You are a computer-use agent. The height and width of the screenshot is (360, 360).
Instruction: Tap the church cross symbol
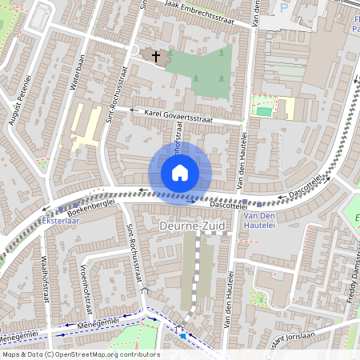155,56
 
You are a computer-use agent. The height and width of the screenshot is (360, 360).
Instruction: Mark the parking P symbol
283,7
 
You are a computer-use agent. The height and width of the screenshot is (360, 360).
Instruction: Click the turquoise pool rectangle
264,111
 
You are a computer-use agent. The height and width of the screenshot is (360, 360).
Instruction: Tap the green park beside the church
204,72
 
